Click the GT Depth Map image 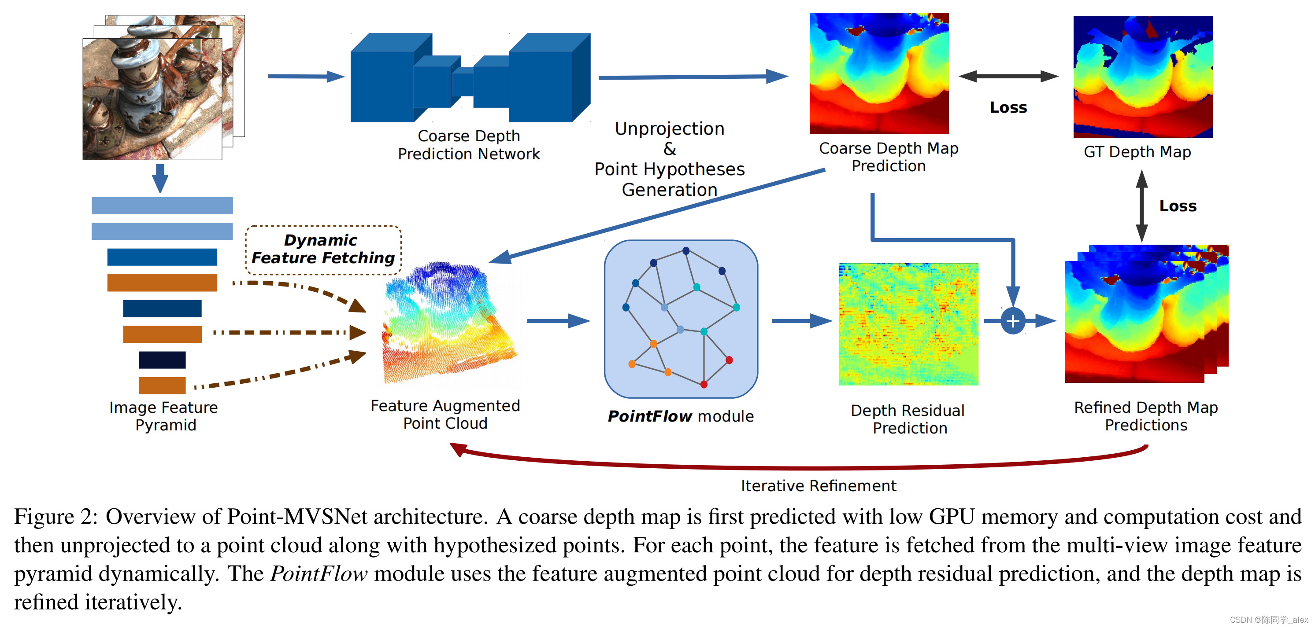coord(1142,77)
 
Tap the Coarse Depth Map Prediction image coord(878,73)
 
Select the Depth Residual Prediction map coord(908,324)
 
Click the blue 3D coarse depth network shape coord(470,77)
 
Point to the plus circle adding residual coord(1013,321)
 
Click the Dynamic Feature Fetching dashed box coord(323,250)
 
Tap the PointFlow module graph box coord(681,319)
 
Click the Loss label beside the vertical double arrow coord(1177,206)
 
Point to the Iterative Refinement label coord(819,486)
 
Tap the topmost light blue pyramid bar coord(162,206)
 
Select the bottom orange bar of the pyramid coord(162,385)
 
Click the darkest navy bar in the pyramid coord(162,360)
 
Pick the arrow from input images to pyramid coord(160,177)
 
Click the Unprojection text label coord(669,129)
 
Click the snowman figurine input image coord(152,99)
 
